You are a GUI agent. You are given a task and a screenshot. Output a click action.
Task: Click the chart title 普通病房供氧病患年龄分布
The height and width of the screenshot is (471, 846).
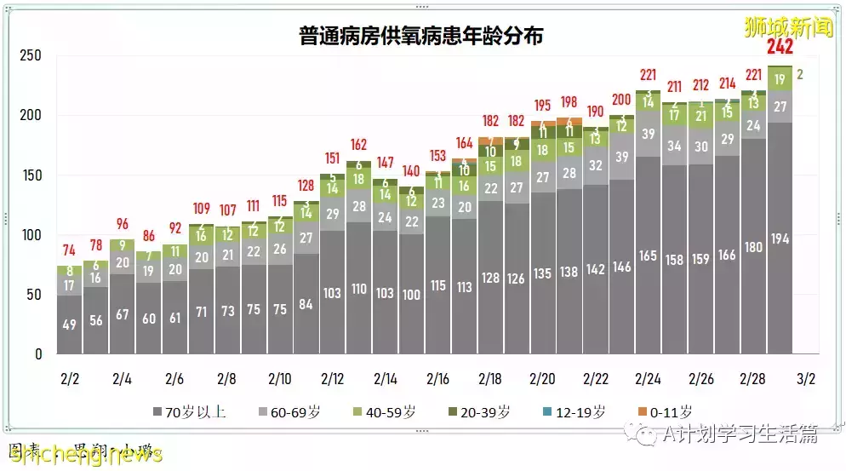pyautogui.click(x=421, y=36)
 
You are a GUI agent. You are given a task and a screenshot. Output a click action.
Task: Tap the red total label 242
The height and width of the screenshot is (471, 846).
pyautogui.click(x=780, y=47)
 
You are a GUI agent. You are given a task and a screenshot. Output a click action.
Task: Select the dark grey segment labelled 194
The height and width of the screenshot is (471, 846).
pyautogui.click(x=780, y=238)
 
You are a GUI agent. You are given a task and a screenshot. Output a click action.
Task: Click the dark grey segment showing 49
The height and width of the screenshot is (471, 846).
pyautogui.click(x=70, y=325)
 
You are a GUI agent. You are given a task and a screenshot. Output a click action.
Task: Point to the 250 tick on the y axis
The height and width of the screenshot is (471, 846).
pyautogui.click(x=31, y=55)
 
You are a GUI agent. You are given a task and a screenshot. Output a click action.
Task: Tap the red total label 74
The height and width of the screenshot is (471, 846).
pyautogui.click(x=70, y=250)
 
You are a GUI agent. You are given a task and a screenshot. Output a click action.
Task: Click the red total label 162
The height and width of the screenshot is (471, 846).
pyautogui.click(x=358, y=145)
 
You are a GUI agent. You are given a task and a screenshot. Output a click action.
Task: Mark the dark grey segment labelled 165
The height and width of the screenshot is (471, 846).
pyautogui.click(x=648, y=255)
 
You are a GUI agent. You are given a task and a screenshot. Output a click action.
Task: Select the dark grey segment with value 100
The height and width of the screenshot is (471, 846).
pyautogui.click(x=411, y=294)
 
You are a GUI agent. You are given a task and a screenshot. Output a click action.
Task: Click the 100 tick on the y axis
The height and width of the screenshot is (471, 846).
pyautogui.click(x=31, y=235)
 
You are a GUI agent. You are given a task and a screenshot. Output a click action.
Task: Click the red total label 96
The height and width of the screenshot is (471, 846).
pyautogui.click(x=122, y=224)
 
